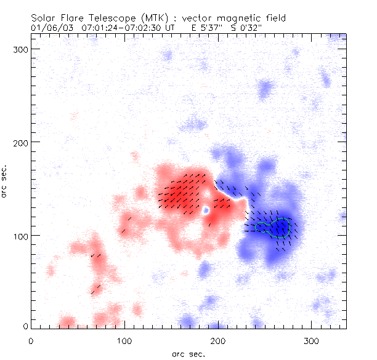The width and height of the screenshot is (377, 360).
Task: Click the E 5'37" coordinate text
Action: (209, 28)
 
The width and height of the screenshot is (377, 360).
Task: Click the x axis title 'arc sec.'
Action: (188, 353)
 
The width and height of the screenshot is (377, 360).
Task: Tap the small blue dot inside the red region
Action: (206, 210)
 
